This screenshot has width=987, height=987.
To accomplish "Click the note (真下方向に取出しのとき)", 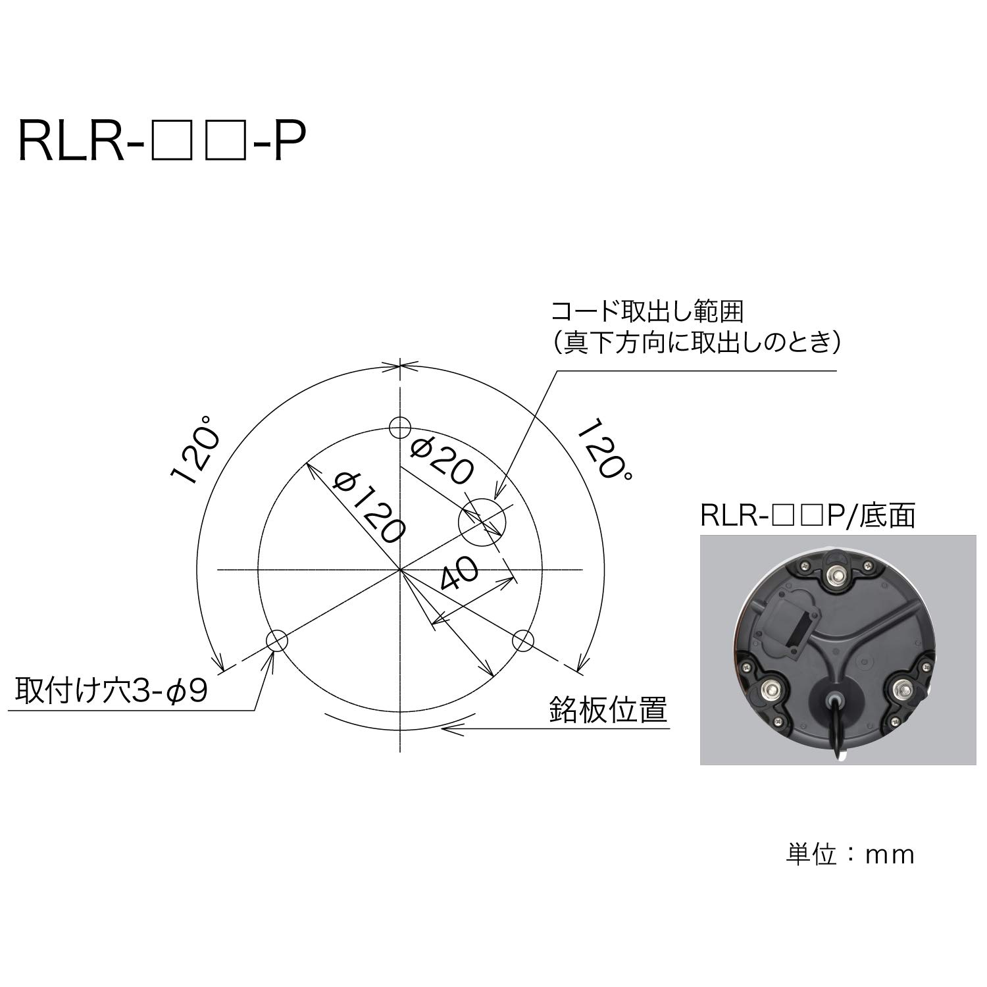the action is [696, 342].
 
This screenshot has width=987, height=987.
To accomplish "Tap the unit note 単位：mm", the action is [850, 854].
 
